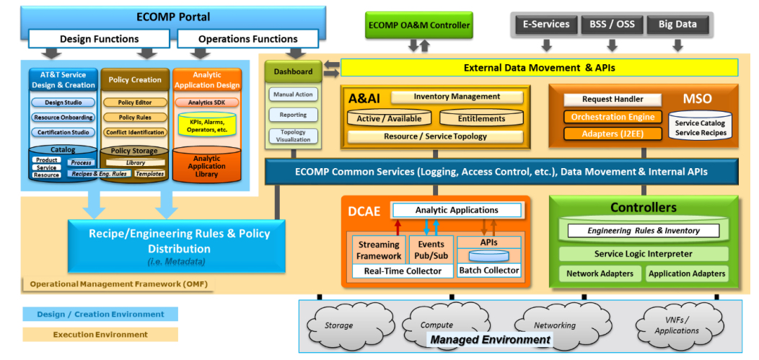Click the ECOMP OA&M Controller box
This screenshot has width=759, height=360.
coord(418,25)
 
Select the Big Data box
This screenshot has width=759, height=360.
coord(677,25)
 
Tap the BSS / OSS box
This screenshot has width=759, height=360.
coord(612,25)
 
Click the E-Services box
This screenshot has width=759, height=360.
coord(546,25)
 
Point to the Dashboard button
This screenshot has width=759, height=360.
coord(293,71)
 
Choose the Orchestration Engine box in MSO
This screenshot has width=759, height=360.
coord(613,117)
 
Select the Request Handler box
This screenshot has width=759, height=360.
coord(613,100)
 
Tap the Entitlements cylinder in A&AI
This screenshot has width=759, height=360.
coord(481,118)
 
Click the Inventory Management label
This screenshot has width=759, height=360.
coord(456,97)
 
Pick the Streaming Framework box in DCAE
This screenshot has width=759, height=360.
coord(379,250)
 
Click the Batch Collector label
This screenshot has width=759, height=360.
coord(489,271)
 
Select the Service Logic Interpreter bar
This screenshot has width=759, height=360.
coord(643,254)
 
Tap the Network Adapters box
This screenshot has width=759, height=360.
coord(600,274)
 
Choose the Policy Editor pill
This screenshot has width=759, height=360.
coord(135,103)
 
